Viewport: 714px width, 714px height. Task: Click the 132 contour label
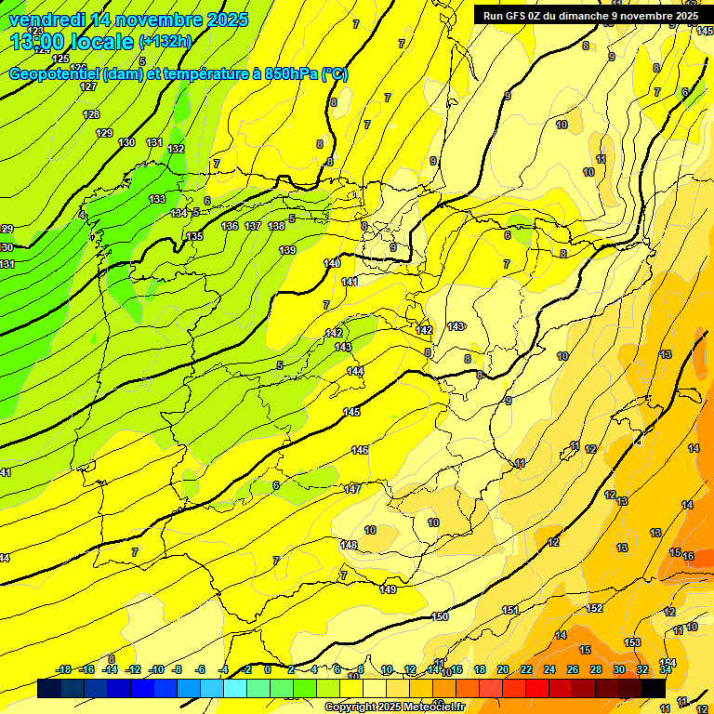(x=176, y=149)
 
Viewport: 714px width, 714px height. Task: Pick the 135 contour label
(x=194, y=237)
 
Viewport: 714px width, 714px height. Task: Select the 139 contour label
(x=287, y=250)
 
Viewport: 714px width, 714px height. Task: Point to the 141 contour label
(x=350, y=282)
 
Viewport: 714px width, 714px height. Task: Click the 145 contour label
(x=351, y=412)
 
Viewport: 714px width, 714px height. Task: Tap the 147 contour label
(x=352, y=489)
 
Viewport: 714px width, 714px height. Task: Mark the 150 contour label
(x=441, y=616)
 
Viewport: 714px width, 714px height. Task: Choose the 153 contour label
(x=632, y=642)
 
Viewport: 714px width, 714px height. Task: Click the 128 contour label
(x=91, y=114)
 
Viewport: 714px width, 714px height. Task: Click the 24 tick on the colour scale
(x=549, y=669)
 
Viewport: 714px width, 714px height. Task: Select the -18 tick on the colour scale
(x=64, y=669)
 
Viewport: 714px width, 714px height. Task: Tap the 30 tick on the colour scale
(x=619, y=669)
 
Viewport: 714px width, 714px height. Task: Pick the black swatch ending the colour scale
(x=654, y=688)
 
